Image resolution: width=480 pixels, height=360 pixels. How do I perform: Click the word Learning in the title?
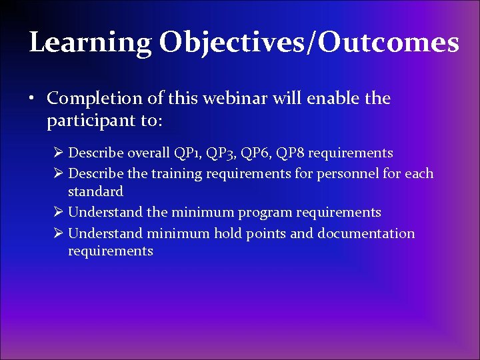coord(90,43)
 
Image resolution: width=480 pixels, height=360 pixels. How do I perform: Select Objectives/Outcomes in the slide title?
coord(309,43)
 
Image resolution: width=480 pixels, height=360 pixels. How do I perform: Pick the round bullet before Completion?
coord(33,99)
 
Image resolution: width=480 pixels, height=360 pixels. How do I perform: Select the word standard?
coord(95,192)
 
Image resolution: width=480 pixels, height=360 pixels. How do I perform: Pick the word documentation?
coord(366,234)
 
